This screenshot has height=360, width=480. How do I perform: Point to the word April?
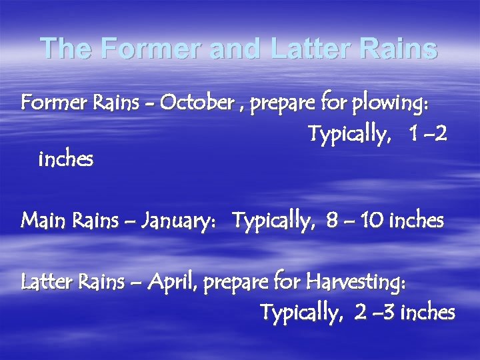[x=175, y=283]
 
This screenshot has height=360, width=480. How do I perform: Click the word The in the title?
[x=63, y=48]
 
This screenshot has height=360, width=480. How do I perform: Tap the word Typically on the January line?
[x=275, y=219]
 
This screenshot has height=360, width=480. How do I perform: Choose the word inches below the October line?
[x=66, y=159]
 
